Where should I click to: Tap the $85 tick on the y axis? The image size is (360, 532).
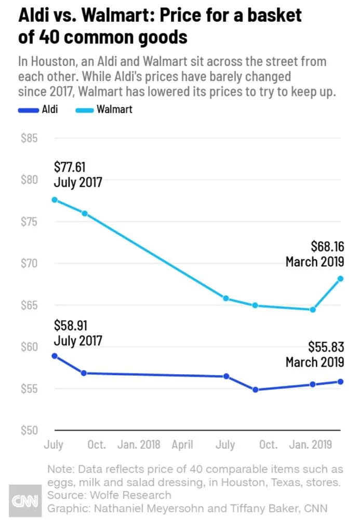[x=29, y=139]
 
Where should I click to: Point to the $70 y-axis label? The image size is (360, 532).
[x=29, y=263]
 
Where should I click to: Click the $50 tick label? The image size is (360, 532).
[x=29, y=430]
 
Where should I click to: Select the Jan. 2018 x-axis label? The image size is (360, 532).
[x=139, y=445]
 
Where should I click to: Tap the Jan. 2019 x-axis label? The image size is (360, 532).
[x=311, y=445]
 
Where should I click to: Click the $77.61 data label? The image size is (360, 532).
[x=70, y=167]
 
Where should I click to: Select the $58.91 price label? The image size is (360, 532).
[x=71, y=326]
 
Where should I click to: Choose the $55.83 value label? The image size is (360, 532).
[x=326, y=347]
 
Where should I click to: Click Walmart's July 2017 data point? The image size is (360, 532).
[x=54, y=199]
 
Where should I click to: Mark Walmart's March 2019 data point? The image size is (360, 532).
[x=341, y=278]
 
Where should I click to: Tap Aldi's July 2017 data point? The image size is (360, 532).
[x=54, y=356]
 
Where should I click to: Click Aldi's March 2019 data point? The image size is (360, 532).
[x=341, y=381]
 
